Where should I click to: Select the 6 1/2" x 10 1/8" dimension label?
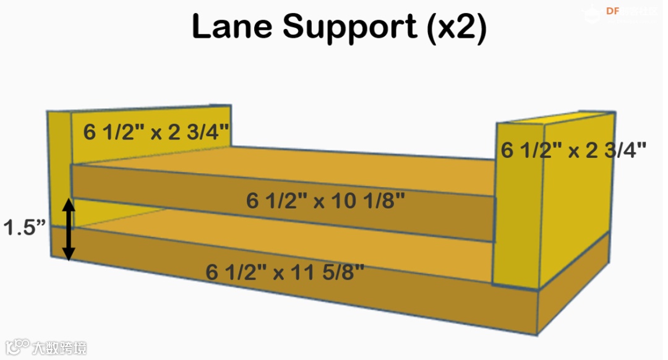[326, 200]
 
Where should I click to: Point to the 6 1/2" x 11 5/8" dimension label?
[285, 272]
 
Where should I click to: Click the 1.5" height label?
[25, 228]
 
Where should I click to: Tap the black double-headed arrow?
[69, 229]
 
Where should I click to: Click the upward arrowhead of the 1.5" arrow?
[69, 205]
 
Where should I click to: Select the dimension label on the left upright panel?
[156, 132]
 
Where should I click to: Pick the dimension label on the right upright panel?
[573, 150]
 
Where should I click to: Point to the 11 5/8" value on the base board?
[329, 272]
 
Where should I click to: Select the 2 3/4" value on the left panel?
[197, 132]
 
